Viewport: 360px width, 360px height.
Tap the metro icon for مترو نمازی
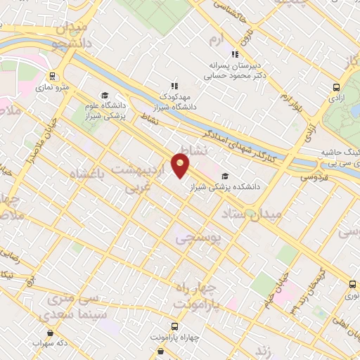pos(53,76)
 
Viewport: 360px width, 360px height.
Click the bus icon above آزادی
pos(336,88)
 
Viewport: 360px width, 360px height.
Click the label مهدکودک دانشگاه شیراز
pos(175,101)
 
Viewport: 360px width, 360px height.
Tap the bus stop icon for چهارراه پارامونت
pos(173,326)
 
